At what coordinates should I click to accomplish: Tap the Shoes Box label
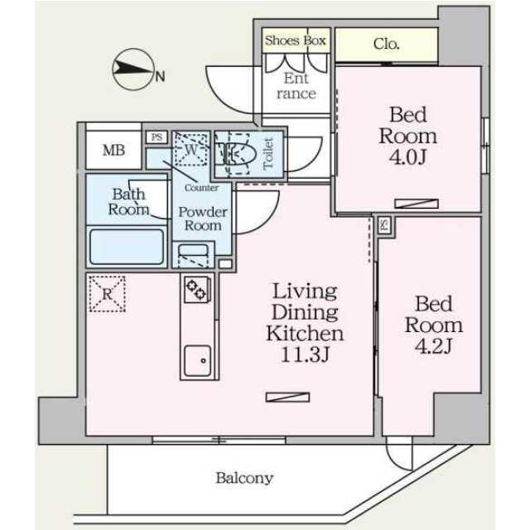coord(296,40)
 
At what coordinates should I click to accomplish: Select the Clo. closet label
coord(386,43)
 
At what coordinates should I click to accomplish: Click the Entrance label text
coord(296,86)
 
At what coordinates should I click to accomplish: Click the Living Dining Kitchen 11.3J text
coord(304,323)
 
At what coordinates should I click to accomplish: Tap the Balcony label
coord(244,478)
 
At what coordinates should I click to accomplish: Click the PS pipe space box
coord(156,137)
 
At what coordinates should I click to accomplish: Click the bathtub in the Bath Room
coord(127,247)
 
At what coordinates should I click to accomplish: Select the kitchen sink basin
coord(197,359)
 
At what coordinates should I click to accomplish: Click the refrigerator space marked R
coord(106,294)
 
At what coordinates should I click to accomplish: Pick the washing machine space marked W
coord(191,150)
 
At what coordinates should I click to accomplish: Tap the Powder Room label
coord(202,218)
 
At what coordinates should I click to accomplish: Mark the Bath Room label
coord(128,201)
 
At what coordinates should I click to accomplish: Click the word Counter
coord(201,187)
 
